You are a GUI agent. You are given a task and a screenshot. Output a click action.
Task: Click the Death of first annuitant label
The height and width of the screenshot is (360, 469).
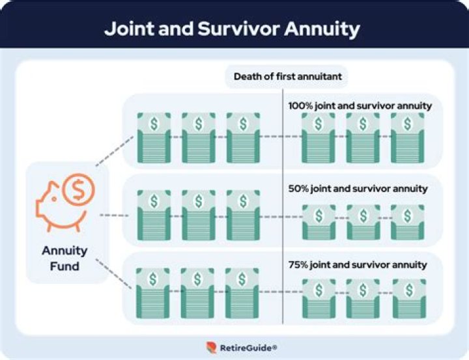point(287,77)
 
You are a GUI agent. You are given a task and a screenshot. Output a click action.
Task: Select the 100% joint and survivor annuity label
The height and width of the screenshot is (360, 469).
point(360,105)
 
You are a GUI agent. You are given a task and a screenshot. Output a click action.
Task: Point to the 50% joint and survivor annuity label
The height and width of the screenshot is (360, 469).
point(358,189)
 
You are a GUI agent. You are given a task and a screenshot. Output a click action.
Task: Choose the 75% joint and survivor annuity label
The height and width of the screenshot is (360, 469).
point(358,265)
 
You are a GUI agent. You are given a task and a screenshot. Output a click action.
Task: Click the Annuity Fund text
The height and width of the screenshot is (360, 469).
point(64,258)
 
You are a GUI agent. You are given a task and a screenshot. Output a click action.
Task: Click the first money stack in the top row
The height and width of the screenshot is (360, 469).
point(153,137)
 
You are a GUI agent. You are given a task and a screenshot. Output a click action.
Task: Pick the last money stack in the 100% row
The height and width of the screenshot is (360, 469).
point(407,137)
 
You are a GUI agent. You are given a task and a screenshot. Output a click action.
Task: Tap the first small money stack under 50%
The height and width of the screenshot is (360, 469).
point(319,222)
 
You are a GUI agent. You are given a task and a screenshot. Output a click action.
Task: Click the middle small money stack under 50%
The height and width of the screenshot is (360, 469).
point(363,222)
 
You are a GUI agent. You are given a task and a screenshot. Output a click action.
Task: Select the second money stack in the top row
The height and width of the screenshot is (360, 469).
point(198,137)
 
